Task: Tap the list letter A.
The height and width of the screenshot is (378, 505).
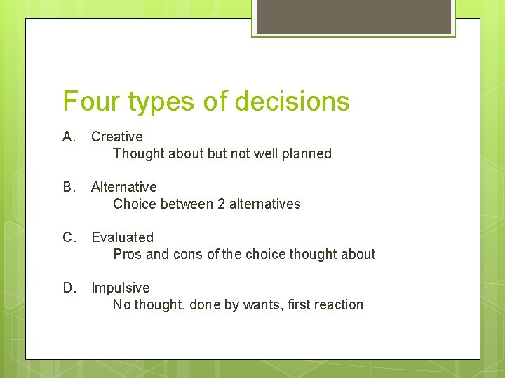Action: (x=69, y=136)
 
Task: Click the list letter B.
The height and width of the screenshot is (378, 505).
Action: (x=69, y=187)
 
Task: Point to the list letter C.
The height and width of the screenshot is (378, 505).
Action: (x=69, y=237)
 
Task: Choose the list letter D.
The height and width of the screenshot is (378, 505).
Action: (x=69, y=288)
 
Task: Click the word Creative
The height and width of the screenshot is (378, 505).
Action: (x=116, y=136)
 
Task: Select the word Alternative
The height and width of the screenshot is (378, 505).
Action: (x=123, y=187)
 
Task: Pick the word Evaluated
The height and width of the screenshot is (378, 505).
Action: (x=122, y=237)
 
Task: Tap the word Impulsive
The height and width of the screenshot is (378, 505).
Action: (x=120, y=288)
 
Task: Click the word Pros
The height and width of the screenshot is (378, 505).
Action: (x=128, y=254)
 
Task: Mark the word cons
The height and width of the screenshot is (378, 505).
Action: (x=189, y=254)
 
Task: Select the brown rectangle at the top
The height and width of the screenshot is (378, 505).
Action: (x=353, y=16)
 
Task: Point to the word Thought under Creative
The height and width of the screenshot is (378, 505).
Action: (x=137, y=153)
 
